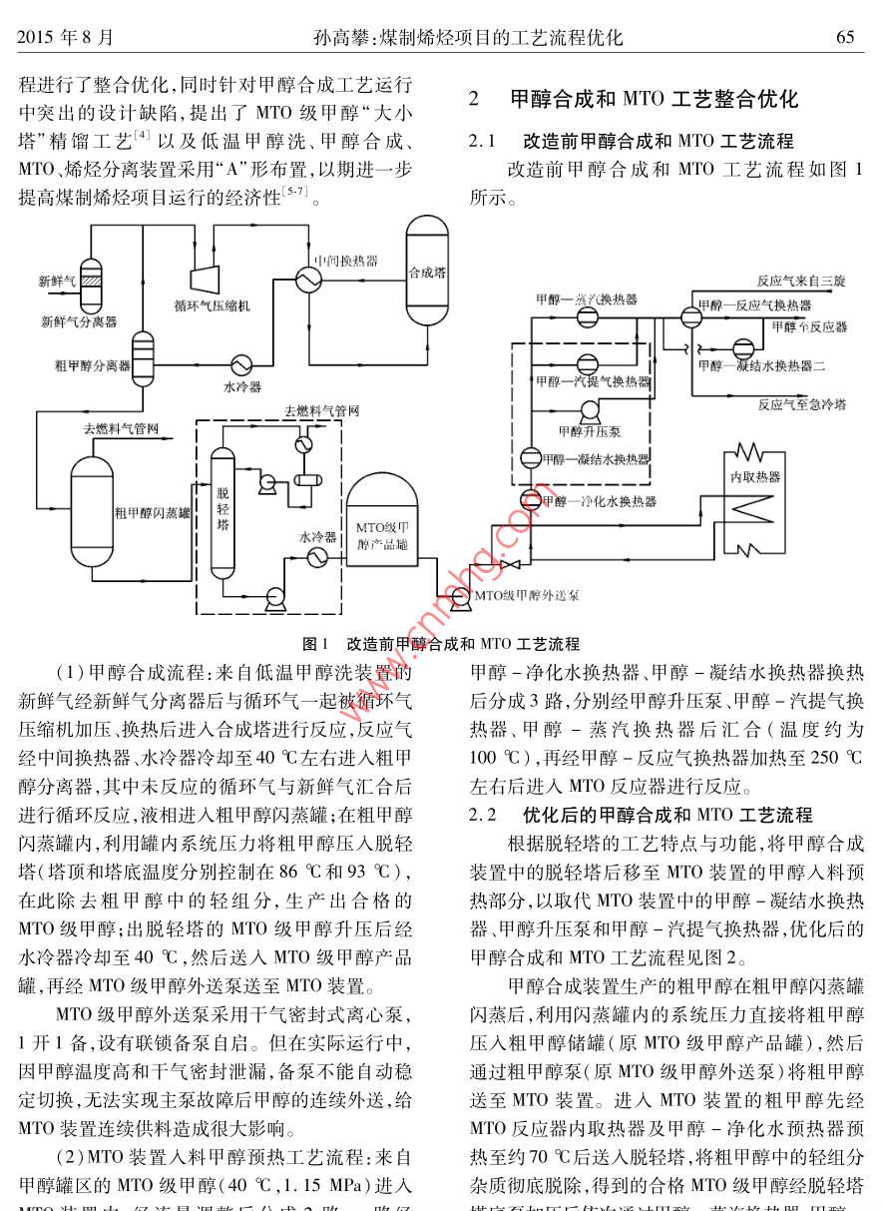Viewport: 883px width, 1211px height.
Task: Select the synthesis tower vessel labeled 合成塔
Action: pos(427,271)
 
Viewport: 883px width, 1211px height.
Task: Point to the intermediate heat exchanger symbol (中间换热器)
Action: pos(306,283)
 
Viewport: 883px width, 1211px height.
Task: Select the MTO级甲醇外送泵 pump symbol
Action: pos(460,597)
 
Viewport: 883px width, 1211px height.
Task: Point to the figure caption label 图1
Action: pos(315,643)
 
